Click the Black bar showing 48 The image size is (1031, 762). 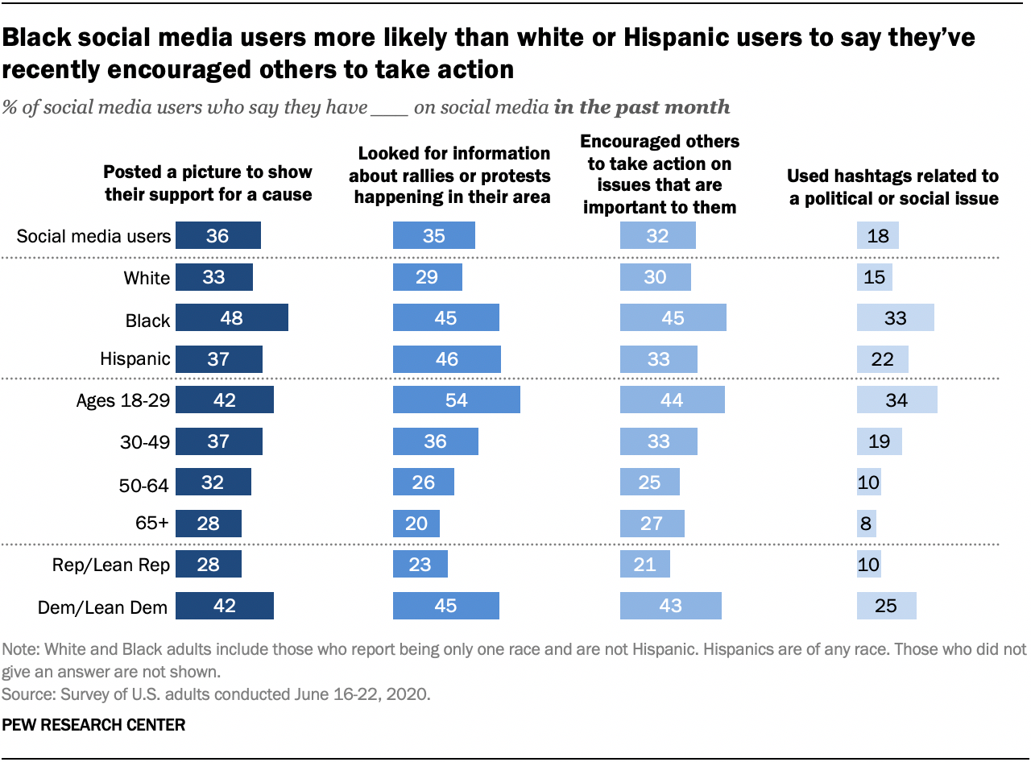pyautogui.click(x=231, y=318)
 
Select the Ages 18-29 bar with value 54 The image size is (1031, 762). pyautogui.click(x=456, y=400)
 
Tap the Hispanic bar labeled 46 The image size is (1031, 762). pyautogui.click(x=446, y=359)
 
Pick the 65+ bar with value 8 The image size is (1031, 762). pyautogui.click(x=866, y=524)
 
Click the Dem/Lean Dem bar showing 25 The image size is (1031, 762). pyautogui.click(x=886, y=606)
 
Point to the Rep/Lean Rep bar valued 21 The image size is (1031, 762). pyautogui.click(x=644, y=565)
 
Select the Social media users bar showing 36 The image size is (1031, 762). pyautogui.click(x=217, y=236)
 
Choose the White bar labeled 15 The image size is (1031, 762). pyautogui.click(x=874, y=277)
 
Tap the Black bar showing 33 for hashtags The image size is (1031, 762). pyautogui.click(x=895, y=318)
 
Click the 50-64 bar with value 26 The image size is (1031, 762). pyautogui.click(x=423, y=482)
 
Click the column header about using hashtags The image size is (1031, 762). pyautogui.click(x=893, y=187)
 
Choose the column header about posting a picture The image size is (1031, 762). pyautogui.click(x=207, y=183)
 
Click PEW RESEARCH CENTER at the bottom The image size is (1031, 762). pyautogui.click(x=93, y=725)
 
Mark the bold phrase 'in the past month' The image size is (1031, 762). pyautogui.click(x=642, y=107)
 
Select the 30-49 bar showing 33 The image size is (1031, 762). pyautogui.click(x=658, y=441)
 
